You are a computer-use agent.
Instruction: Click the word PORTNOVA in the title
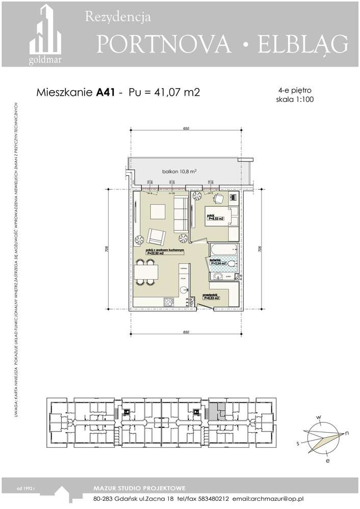163,45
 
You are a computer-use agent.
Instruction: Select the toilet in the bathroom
230,263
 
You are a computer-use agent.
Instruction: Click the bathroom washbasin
218,276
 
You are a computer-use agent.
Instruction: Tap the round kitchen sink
183,289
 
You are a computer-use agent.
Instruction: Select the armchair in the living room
156,236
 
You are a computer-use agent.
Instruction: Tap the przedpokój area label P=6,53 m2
211,298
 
